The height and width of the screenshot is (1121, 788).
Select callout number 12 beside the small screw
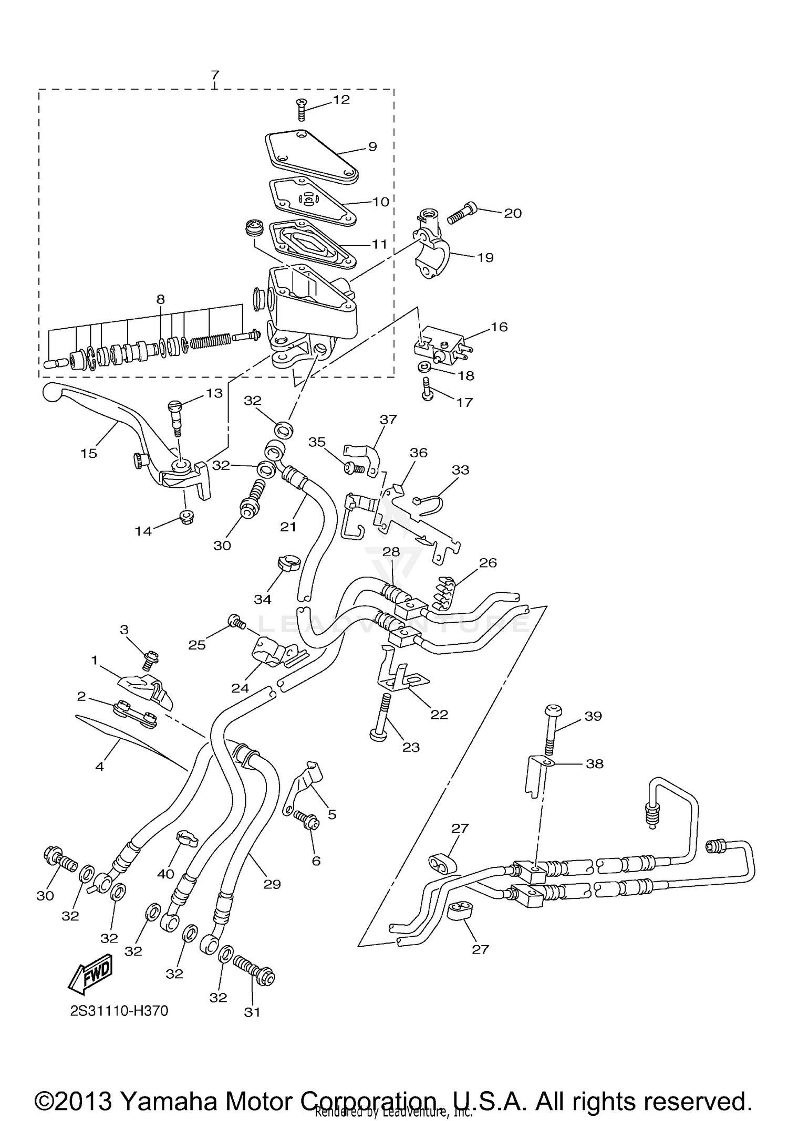click(341, 100)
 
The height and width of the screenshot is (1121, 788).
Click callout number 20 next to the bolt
click(513, 213)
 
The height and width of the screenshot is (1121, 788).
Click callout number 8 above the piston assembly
click(160, 299)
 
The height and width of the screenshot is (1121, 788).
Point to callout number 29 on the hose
click(272, 884)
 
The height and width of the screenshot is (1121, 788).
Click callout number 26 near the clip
click(488, 563)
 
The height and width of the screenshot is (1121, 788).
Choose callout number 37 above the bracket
click(389, 420)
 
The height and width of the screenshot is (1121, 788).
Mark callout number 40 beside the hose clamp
click(165, 874)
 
